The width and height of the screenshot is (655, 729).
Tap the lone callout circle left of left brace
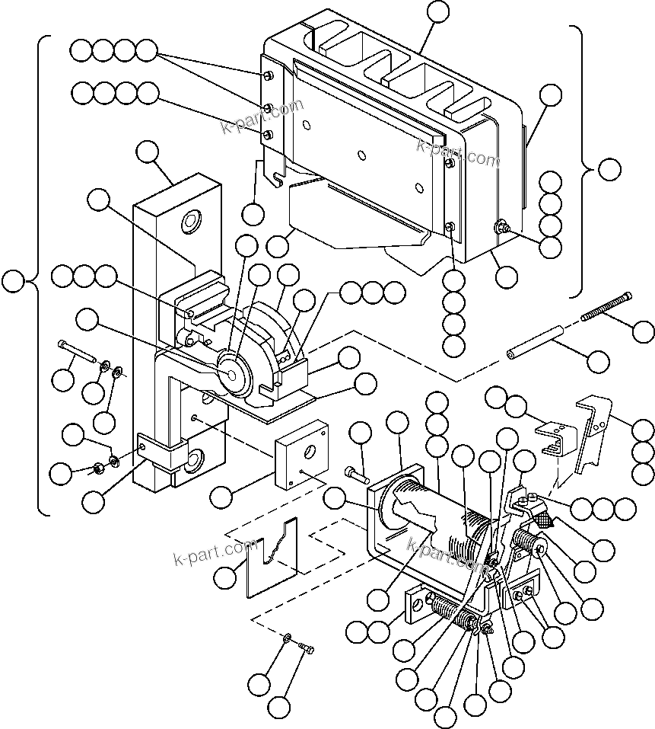pyautogui.click(x=12, y=281)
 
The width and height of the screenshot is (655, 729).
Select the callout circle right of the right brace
pyautogui.click(x=609, y=169)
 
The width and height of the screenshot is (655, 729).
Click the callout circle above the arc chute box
pyautogui.click(x=438, y=11)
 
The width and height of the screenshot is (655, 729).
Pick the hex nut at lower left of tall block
pyautogui.click(x=98, y=467)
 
